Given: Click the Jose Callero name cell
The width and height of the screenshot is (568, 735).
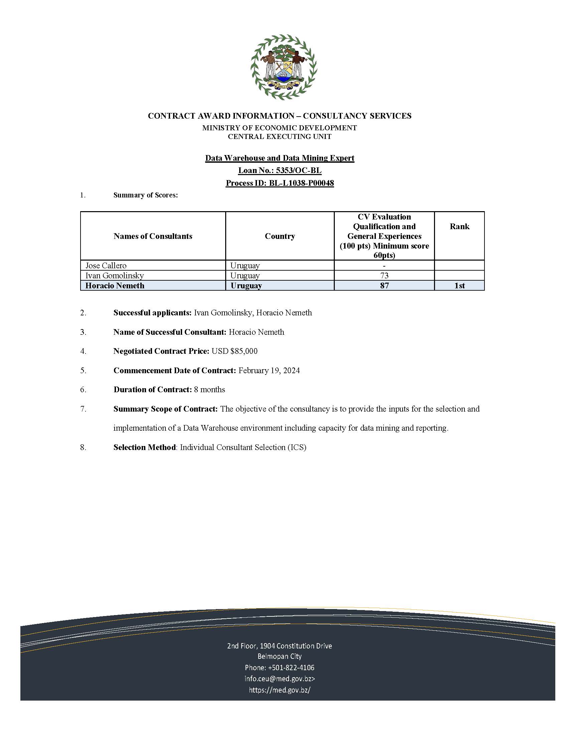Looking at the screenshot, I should pos(106,266).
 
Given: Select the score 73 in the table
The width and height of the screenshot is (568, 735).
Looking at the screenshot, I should pos(384,276).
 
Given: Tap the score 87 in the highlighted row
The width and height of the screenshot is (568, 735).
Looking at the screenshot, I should pos(384,286).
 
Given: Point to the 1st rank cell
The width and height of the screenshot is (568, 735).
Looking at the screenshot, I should pos(459,286).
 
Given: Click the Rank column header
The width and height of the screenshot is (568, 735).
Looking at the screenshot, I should pos(459,227).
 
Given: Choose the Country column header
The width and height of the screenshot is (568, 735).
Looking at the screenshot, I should pos(280,236).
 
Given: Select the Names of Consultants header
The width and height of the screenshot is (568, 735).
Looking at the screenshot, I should pos(153,236).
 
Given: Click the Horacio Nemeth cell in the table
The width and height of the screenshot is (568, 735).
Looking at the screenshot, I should pos(115,286).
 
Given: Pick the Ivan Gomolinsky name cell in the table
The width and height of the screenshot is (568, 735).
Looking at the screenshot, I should pos(114,276).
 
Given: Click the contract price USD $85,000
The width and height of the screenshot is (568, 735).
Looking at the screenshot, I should pos(235,351).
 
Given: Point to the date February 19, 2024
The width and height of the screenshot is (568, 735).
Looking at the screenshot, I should pos(269,371).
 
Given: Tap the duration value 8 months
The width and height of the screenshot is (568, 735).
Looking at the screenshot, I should pos(209,390).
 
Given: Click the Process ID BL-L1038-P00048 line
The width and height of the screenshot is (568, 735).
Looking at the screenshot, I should pos(280,183).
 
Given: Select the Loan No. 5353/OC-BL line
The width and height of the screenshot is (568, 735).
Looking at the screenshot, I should pos(280,171).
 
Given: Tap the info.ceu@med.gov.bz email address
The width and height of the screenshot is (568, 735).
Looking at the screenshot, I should pos(279,679).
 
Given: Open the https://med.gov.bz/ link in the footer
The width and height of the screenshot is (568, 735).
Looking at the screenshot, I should pos(279,690).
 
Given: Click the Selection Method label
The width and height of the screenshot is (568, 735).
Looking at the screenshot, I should pos(144,447).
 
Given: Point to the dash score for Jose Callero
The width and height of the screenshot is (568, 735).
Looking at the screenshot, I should pos(384,266).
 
